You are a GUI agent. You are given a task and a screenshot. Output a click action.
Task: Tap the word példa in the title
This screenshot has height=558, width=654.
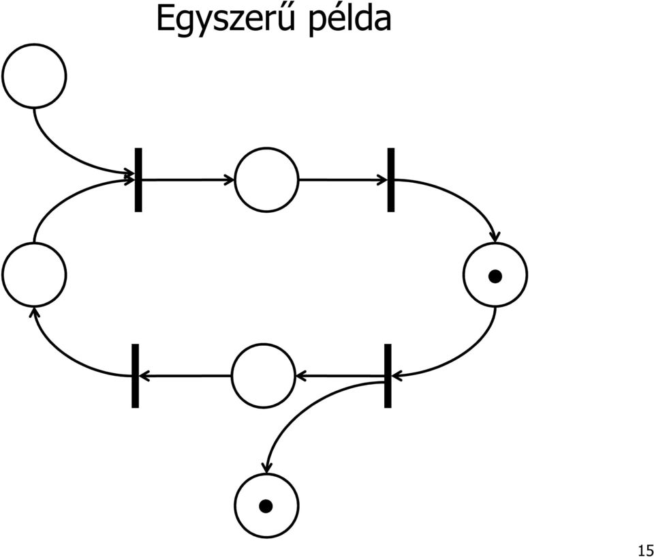click(x=350, y=19)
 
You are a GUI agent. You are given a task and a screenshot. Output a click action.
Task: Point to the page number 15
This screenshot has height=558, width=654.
click(x=646, y=550)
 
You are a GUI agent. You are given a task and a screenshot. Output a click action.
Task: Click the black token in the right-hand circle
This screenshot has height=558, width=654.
click(x=495, y=276)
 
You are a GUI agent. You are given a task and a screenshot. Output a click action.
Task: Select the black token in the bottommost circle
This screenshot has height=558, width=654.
click(x=266, y=506)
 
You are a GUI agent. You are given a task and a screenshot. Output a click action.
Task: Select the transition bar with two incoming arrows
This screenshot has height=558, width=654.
click(x=138, y=179)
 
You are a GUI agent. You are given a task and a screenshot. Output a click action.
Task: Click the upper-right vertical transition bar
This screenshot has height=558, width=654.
click(x=391, y=179)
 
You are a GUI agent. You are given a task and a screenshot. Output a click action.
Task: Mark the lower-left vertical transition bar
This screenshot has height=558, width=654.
click(x=135, y=376)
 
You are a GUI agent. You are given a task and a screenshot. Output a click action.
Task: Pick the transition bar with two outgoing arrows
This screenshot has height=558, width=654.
click(x=388, y=376)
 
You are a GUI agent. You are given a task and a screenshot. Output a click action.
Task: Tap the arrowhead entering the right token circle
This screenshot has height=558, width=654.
click(x=495, y=237)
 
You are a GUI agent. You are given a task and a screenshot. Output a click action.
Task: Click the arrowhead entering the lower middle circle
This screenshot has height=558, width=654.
click(x=300, y=376)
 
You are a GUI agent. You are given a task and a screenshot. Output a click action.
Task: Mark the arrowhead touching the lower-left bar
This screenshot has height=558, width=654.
click(x=144, y=376)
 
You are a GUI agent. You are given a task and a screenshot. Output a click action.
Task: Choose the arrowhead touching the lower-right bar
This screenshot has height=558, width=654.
click(x=396, y=376)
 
